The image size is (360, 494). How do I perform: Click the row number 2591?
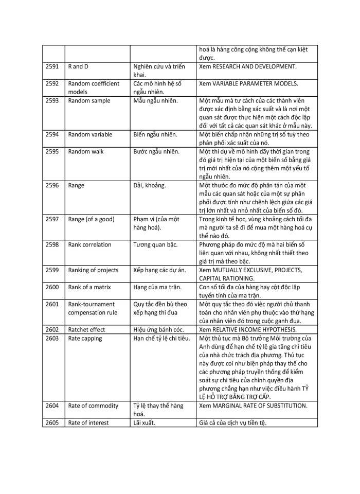(52, 67)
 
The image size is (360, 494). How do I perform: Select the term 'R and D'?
(78, 67)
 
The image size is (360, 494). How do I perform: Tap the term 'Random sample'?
(89, 101)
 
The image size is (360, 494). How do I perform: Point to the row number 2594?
(52, 135)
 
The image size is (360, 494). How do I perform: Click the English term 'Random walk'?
(86, 152)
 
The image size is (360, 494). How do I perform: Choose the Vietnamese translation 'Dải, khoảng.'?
(150, 185)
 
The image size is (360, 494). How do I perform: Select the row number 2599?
(52, 270)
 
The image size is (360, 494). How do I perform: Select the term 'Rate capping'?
(85, 338)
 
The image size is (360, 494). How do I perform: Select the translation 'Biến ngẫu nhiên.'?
(155, 135)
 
